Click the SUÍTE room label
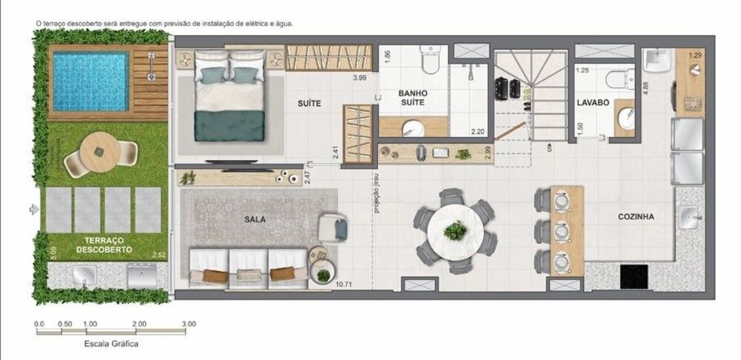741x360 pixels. click(310, 104)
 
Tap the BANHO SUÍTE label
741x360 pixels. click(412, 98)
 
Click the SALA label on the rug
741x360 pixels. click(255, 220)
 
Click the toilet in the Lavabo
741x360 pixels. click(619, 76)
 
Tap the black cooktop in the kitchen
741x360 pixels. click(634, 277)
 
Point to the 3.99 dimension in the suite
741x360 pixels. click(359, 78)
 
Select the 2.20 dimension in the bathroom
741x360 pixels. click(477, 132)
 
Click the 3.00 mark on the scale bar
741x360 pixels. click(188, 324)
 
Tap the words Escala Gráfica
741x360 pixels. click(111, 344)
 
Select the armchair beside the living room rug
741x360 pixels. click(334, 227)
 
